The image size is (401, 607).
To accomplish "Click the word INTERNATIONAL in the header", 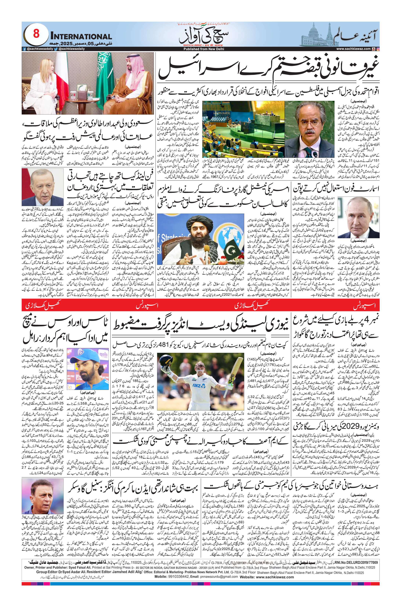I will (x=81, y=36).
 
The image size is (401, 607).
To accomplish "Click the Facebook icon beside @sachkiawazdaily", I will (x=24, y=49).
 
